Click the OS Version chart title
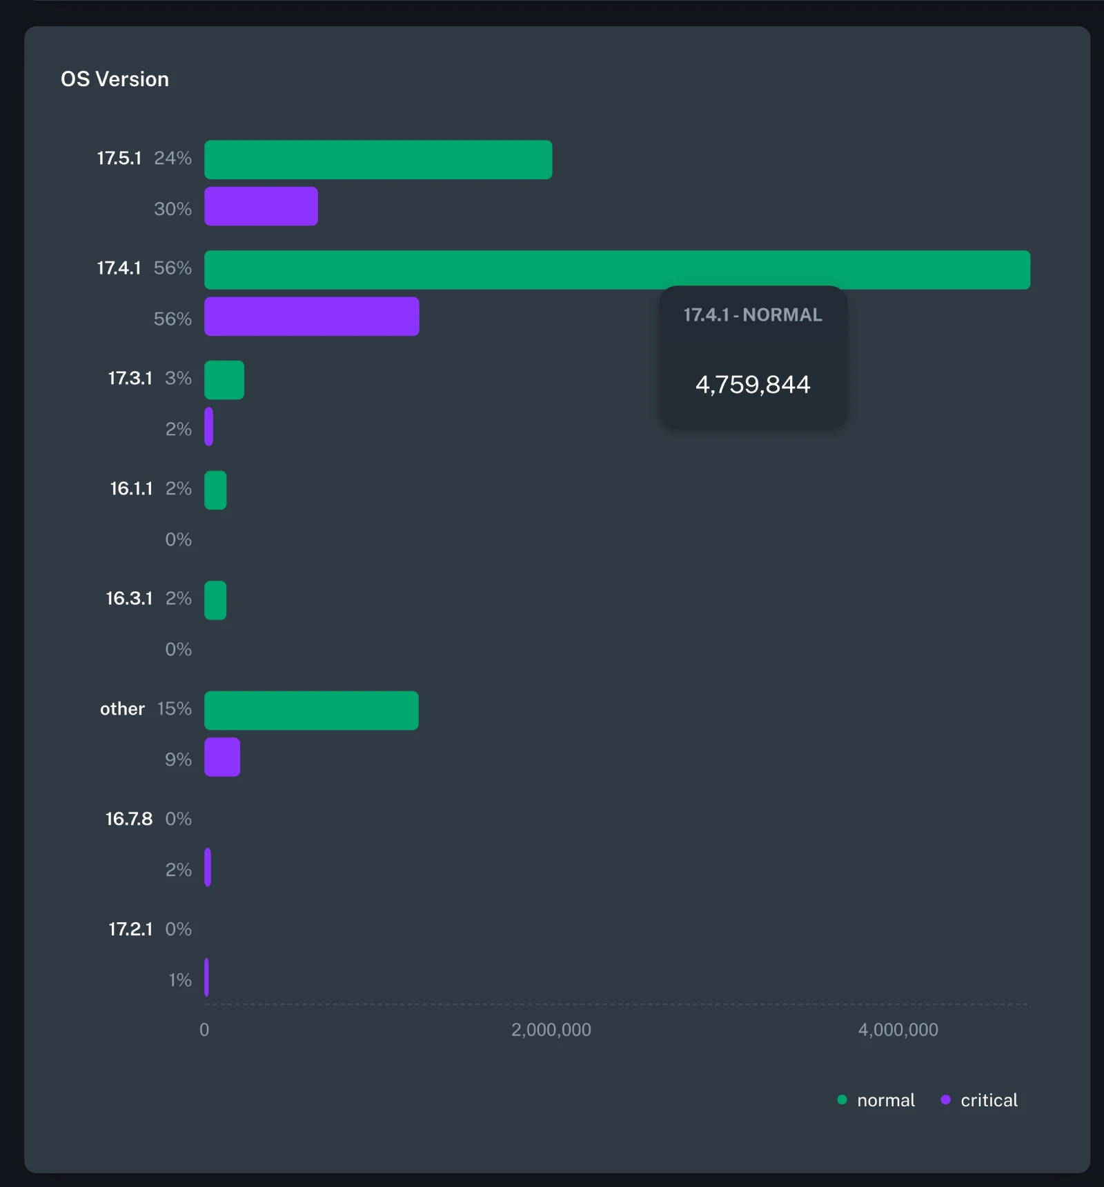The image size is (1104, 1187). [x=115, y=79]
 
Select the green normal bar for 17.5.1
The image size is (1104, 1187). [x=378, y=160]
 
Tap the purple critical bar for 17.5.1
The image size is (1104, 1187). [x=261, y=206]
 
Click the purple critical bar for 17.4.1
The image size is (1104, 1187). [x=311, y=317]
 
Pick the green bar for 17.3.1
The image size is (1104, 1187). [x=224, y=380]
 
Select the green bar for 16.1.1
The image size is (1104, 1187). [x=215, y=490]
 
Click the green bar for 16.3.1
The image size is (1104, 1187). [x=215, y=601]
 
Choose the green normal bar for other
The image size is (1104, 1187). [x=311, y=710]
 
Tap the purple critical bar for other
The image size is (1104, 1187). [x=222, y=757]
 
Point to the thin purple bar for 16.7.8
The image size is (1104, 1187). [x=208, y=868]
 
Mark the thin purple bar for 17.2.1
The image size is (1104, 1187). [x=206, y=977]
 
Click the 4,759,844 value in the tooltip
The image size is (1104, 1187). [x=753, y=385]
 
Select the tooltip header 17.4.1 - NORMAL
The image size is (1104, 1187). [x=753, y=315]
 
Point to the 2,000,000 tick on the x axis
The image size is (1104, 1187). [x=551, y=1030]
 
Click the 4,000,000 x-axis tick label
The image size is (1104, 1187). [x=898, y=1030]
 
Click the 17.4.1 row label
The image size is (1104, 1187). [x=119, y=268]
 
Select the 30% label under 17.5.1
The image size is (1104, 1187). [x=172, y=209]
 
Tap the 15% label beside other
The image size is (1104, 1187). [x=174, y=709]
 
